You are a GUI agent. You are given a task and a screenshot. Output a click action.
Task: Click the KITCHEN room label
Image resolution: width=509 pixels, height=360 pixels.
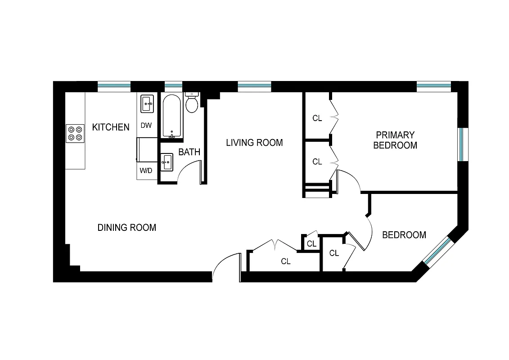[111, 127]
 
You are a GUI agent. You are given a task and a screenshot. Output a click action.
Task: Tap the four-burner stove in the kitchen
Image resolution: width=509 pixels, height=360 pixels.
[75, 133]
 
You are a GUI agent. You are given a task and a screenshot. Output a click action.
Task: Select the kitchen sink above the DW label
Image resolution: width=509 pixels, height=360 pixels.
[147, 104]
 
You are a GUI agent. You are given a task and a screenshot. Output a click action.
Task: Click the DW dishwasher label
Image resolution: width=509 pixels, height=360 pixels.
[146, 126]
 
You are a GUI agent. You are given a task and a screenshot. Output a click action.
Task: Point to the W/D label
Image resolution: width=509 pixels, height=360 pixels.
[145, 171]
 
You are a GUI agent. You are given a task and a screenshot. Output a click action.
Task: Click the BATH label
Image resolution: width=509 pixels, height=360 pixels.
[189, 152]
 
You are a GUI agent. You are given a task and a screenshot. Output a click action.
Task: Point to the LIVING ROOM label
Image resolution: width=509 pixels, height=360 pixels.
[254, 143]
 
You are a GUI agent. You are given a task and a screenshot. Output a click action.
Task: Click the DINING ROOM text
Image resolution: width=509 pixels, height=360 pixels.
[127, 228]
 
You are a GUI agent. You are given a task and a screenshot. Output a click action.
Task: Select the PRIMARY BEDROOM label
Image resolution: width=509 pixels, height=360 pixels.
[395, 140]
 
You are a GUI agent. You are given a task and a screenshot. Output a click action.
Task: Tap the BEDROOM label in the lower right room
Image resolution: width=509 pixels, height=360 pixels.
[404, 235]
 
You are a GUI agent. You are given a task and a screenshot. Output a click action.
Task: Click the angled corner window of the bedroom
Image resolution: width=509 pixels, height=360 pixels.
[437, 251]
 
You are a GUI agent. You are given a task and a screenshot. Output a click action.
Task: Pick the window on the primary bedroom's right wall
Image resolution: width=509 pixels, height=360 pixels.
[463, 144]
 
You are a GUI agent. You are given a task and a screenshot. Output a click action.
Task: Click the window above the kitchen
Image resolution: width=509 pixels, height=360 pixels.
[114, 86]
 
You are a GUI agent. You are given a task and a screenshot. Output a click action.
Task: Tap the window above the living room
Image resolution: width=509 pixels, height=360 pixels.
[254, 86]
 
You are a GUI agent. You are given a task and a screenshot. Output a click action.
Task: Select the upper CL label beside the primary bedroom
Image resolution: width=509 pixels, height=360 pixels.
[317, 118]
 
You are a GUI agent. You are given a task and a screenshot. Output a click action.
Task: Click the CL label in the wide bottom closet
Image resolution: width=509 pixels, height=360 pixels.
[285, 261]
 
